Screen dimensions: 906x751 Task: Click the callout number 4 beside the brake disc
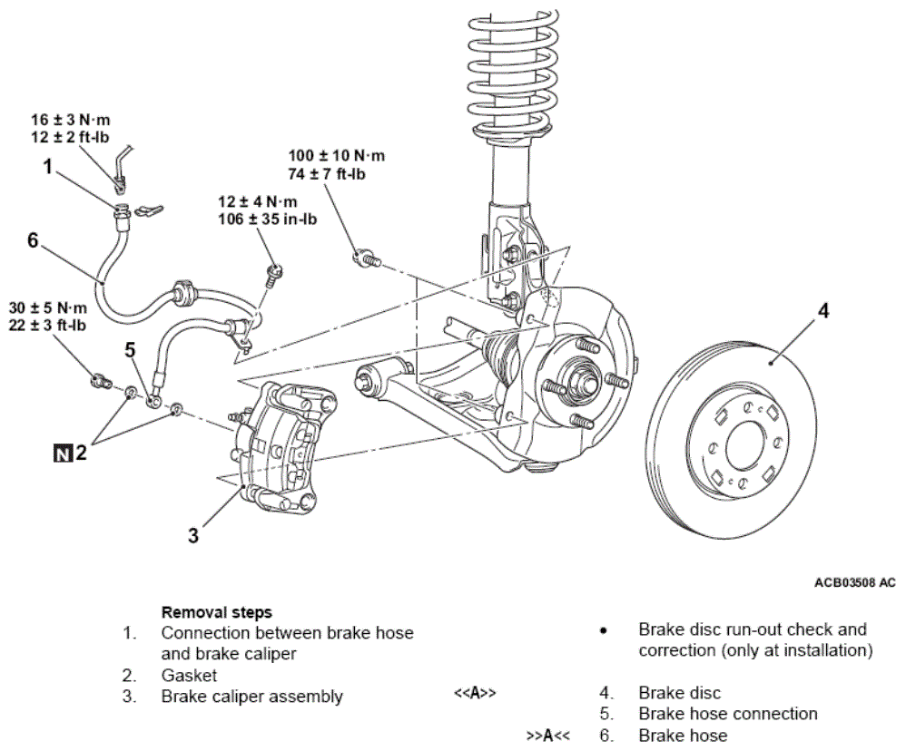pos(823,311)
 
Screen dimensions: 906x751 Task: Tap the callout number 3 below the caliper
pos(193,535)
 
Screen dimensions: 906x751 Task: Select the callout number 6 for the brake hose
pos(33,239)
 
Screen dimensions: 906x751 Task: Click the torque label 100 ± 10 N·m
pos(336,156)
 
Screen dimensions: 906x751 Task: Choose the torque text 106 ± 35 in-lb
pos(268,219)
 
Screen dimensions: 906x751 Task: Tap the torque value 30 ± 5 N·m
pos(48,307)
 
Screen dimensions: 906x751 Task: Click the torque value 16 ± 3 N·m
pos(71,120)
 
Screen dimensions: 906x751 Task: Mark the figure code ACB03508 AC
pos(855,582)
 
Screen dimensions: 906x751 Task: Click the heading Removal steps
pos(217,612)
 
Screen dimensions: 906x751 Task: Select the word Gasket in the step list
pos(189,676)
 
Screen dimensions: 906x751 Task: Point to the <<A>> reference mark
pos(475,693)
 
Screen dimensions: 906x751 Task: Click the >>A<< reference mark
pos(547,736)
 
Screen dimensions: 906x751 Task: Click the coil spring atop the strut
pos(513,75)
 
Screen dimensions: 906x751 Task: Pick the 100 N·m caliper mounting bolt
pos(367,258)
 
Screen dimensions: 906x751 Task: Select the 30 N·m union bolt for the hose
pos(101,381)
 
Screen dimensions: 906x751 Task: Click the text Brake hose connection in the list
pos(728,714)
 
